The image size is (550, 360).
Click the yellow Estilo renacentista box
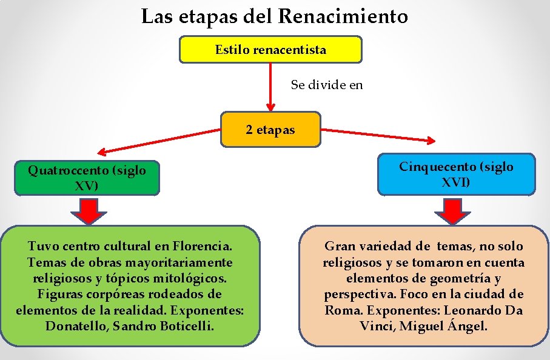tap(270, 50)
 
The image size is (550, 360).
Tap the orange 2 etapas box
tap(270, 130)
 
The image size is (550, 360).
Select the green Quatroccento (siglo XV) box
tap(87, 178)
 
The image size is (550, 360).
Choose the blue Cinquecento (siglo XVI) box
tap(456, 174)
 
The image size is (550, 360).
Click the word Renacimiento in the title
tap(343, 16)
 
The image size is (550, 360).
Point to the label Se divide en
tap(327, 85)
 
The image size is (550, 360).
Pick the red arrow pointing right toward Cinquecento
tap(377, 135)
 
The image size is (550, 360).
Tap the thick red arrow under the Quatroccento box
tap(89, 212)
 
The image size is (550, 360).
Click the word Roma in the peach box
tap(341, 310)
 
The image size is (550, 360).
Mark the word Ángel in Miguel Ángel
tap(468, 326)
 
